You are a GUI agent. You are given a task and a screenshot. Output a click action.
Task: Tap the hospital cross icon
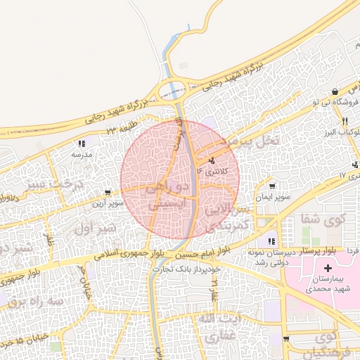coord(328,268)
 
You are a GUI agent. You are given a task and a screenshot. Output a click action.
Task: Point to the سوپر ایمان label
coord(274,198)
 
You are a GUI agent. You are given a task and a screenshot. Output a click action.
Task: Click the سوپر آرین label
coord(107,202)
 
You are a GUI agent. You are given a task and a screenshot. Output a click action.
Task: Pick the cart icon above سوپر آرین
coord(107,192)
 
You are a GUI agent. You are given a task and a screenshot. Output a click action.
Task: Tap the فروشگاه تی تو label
coord(330,103)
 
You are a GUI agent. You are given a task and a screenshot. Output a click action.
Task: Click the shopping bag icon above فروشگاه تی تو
coord(335,92)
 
